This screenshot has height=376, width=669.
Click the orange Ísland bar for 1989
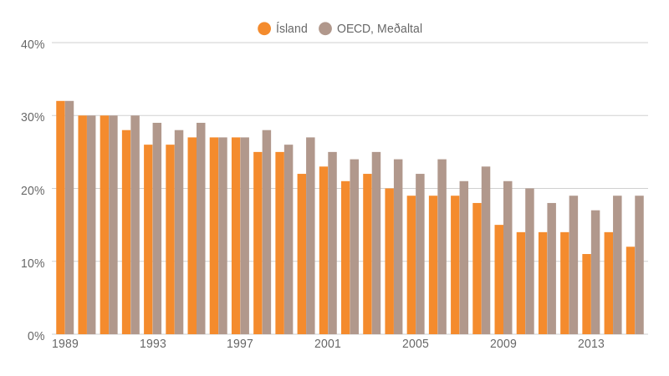[60, 217]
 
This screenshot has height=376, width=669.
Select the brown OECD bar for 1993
[157, 229]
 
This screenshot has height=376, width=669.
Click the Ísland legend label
[292, 28]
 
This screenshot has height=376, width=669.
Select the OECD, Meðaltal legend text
[380, 28]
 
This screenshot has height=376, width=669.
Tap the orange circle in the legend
[264, 28]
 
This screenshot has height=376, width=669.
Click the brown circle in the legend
[325, 28]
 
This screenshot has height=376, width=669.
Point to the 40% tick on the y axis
[33, 44]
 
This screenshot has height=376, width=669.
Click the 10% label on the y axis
[33, 263]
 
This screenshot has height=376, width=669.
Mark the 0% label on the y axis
[36, 336]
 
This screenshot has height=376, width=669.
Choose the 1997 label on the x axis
[240, 343]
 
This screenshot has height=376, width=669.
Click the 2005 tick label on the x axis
[416, 343]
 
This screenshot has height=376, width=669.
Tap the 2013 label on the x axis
[591, 343]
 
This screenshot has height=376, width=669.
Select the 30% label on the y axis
[33, 117]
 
